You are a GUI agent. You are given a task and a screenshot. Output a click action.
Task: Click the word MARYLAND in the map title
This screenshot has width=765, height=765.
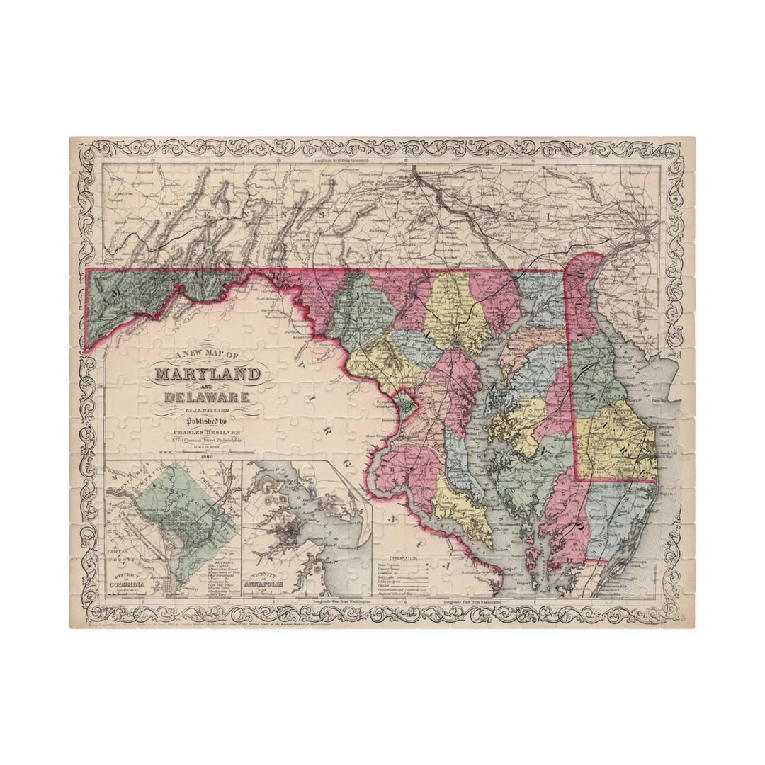[x=208, y=373]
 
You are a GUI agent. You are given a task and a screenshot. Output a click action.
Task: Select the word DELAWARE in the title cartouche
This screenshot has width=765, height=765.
[x=207, y=397]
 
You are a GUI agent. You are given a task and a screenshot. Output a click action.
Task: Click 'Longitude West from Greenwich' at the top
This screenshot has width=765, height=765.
[x=346, y=161]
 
